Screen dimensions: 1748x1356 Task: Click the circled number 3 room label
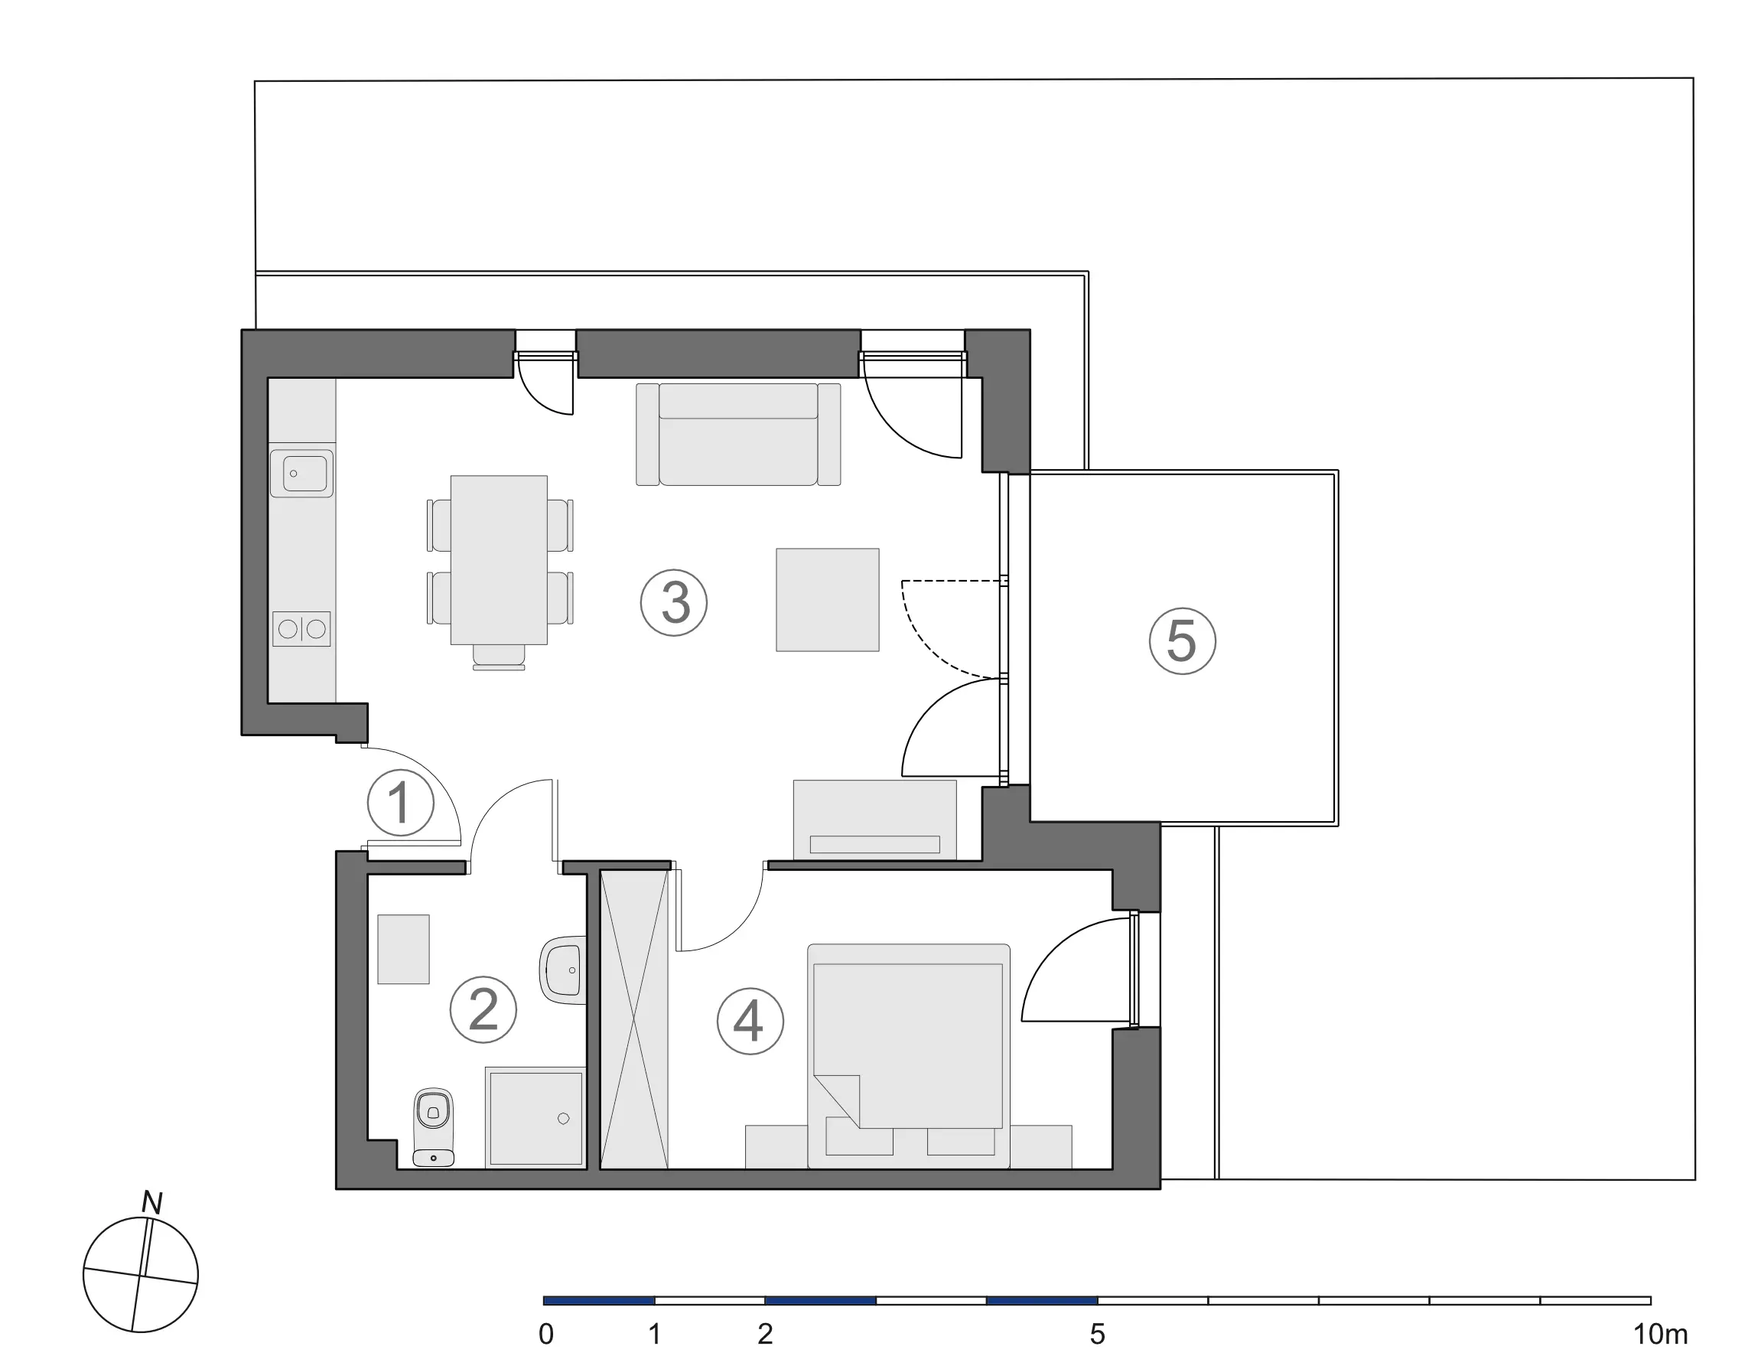[674, 603]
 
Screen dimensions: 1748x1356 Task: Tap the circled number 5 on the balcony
[1182, 641]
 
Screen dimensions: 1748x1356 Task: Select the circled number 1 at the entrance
[400, 803]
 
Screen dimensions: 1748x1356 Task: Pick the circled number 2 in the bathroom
[483, 1009]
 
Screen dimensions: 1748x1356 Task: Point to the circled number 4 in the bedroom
[750, 1022]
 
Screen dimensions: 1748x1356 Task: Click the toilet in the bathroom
[434, 1126]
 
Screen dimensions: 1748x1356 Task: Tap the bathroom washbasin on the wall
[564, 970]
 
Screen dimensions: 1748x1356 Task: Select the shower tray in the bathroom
[535, 1117]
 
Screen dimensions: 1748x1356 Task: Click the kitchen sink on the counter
[301, 473]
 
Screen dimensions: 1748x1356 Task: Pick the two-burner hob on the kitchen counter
[301, 629]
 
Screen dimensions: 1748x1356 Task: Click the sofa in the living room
[738, 434]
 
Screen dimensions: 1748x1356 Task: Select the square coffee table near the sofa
[828, 599]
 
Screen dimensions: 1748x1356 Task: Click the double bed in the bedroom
[908, 1056]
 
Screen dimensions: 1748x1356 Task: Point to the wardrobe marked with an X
[634, 1020]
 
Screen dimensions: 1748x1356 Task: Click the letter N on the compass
[152, 1202]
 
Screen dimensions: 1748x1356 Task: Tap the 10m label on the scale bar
[1660, 1335]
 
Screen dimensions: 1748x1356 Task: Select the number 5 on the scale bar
[1097, 1335]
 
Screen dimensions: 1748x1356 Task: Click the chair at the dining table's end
[499, 657]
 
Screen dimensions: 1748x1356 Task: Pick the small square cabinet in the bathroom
[403, 950]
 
